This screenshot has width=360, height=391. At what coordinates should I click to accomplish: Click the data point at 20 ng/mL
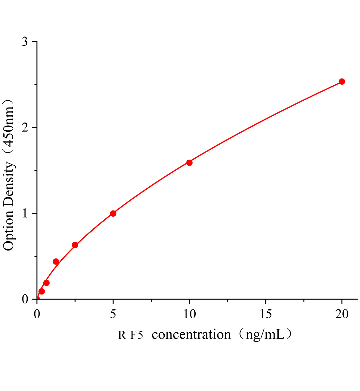[x=342, y=81]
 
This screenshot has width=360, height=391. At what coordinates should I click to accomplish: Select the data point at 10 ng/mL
[x=189, y=163]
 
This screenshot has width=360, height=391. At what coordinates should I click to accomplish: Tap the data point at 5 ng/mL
[x=113, y=213]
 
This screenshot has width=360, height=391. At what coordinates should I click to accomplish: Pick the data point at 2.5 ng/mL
[x=75, y=245]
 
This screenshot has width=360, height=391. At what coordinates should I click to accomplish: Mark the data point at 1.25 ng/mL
[x=56, y=262]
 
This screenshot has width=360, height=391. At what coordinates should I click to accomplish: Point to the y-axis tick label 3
[x=25, y=42]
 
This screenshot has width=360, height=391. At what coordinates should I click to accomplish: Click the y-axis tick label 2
[x=25, y=128]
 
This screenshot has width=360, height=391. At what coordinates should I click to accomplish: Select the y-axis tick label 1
[x=25, y=213]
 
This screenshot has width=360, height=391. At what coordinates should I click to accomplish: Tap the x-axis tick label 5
[x=113, y=314]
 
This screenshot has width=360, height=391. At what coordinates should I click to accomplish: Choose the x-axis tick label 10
[x=189, y=314]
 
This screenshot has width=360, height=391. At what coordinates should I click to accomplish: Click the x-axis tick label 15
[x=266, y=314]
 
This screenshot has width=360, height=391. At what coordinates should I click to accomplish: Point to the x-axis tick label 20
[x=342, y=314]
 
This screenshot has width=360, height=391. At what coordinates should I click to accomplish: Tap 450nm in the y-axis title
[x=9, y=127]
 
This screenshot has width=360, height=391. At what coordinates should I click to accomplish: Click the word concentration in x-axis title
[x=191, y=335]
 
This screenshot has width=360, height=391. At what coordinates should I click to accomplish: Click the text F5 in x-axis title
[x=137, y=335]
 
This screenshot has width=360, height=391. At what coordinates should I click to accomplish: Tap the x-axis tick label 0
[x=37, y=314]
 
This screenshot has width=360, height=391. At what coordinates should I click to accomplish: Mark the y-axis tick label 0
[x=25, y=299]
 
